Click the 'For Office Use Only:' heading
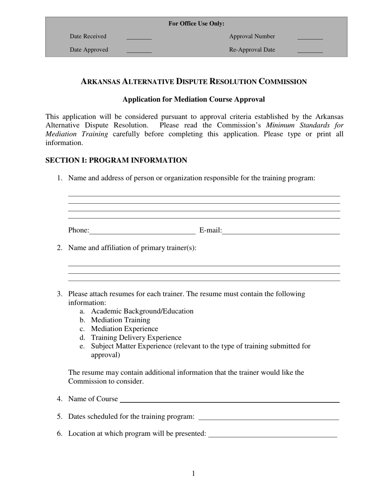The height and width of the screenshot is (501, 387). [196, 24]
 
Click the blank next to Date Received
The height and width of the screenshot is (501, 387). [139, 37]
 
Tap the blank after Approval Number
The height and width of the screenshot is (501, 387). [310, 37]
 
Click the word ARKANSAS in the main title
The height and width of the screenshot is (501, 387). [101, 81]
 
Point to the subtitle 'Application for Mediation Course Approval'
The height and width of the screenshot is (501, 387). [193, 99]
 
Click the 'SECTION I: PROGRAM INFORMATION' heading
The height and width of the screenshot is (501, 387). [116, 160]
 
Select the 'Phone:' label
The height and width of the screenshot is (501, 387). [79, 231]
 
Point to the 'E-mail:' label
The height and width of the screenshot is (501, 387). [210, 231]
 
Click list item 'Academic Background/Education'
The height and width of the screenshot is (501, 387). [142, 311]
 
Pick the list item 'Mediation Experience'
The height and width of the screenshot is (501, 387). [124, 329]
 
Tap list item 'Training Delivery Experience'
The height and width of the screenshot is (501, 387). [136, 338]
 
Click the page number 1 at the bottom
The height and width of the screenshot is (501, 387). [193, 473]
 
